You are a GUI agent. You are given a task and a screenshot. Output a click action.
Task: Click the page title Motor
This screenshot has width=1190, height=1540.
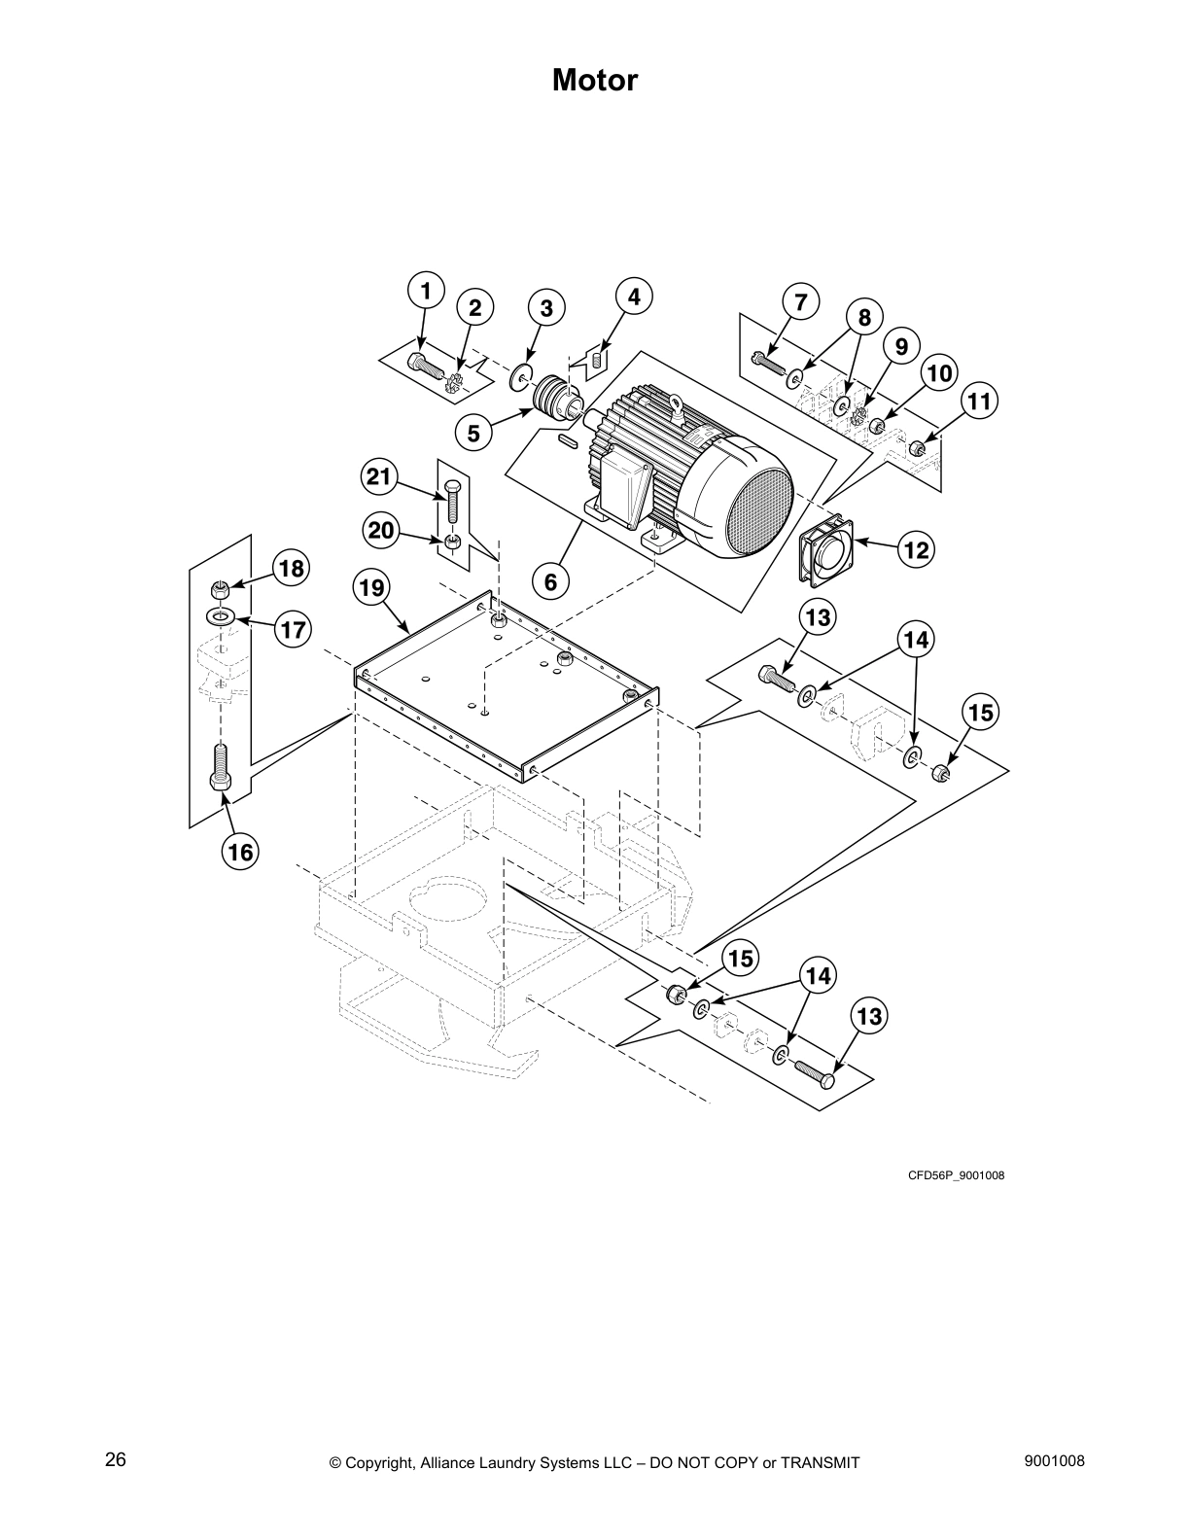594,81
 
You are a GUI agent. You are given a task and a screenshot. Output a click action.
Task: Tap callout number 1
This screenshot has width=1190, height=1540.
424,290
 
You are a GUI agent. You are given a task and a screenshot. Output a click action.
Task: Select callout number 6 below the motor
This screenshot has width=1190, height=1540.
550,581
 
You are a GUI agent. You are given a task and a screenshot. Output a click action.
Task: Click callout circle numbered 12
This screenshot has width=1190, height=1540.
915,550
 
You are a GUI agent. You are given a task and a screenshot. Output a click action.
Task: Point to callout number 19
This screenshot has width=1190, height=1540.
371,587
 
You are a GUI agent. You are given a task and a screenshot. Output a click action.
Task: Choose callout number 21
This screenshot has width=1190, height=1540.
378,476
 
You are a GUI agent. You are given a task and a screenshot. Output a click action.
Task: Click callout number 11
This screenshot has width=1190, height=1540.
979,401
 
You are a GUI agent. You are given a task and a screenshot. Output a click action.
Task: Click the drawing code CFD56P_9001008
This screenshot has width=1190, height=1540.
956,1175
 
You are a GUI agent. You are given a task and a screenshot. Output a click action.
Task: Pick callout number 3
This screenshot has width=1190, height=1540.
546,308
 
